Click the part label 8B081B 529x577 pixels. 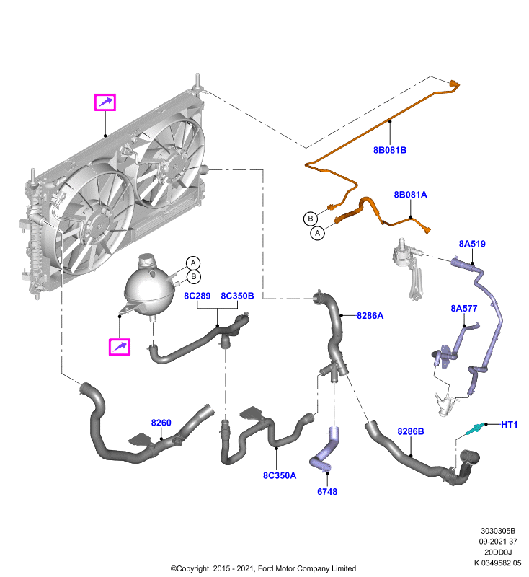pyautogui.click(x=390, y=150)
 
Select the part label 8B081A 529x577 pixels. pyautogui.click(x=410, y=195)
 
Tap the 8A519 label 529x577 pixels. pyautogui.click(x=472, y=244)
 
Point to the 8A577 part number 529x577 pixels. pyautogui.click(x=464, y=309)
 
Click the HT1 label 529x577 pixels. pyautogui.click(x=509, y=425)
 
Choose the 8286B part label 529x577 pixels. pyautogui.click(x=411, y=431)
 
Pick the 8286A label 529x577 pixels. pyautogui.click(x=370, y=316)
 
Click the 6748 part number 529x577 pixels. pyautogui.click(x=327, y=492)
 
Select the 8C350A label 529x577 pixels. pyautogui.click(x=280, y=475)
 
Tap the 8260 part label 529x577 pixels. pyautogui.click(x=161, y=423)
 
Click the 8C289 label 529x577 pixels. pyautogui.click(x=197, y=296)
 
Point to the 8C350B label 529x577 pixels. pyautogui.click(x=237, y=296)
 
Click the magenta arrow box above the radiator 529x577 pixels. pyautogui.click(x=105, y=102)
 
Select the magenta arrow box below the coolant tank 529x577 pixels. pyautogui.click(x=120, y=347)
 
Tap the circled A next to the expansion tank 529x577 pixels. pyautogui.click(x=193, y=263)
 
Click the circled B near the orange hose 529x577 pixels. pyautogui.click(x=311, y=219)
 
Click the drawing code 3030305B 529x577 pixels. pyautogui.click(x=498, y=531)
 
